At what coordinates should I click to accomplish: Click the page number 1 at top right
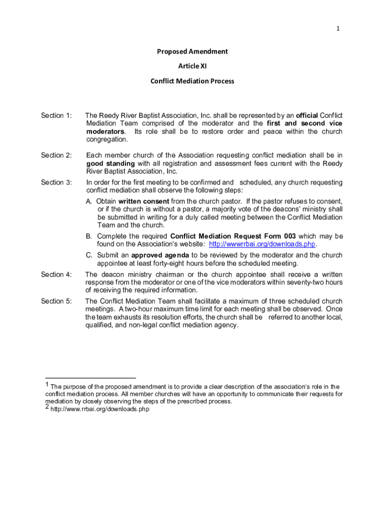pos(338,28)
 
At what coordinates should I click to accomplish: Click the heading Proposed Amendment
pos(192,51)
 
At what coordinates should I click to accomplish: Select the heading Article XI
pos(192,66)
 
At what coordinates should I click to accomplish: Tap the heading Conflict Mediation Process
pos(192,81)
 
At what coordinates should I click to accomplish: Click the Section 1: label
pos(56,116)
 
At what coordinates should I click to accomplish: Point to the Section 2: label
pos(56,155)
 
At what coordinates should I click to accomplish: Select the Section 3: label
pos(56,182)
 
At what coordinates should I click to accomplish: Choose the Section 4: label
pos(56,274)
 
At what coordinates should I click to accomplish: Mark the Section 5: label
pos(56,301)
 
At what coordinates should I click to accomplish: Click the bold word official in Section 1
pos(306,116)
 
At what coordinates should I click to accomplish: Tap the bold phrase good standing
pos(110,163)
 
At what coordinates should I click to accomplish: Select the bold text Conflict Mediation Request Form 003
pos(233,236)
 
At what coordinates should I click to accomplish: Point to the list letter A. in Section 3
pos(89,201)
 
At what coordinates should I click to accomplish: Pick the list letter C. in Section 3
pos(89,255)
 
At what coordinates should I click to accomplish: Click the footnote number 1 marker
pos(47,385)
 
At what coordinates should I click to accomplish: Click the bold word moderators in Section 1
pos(105,131)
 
